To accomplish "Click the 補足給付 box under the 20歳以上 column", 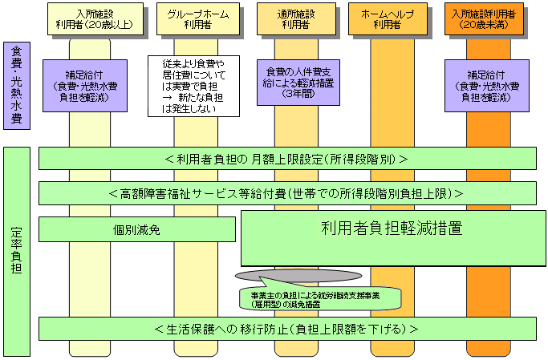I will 85,85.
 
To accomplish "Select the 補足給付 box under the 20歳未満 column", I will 489,85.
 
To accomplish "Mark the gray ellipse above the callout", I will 270,274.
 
